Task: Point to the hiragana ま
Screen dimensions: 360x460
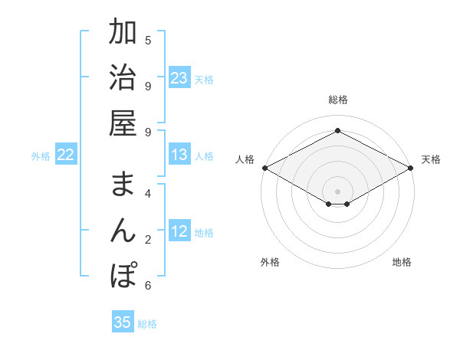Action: [123, 184]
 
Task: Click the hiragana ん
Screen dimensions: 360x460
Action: [123, 229]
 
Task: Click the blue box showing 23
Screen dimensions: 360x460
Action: [179, 78]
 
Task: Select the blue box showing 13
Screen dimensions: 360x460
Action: [179, 155]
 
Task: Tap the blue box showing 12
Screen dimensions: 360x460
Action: [179, 232]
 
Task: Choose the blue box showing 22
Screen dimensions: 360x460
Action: [65, 155]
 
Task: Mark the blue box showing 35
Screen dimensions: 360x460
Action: [123, 322]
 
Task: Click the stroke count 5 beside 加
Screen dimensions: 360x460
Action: [148, 40]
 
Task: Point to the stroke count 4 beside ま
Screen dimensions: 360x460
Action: [148, 193]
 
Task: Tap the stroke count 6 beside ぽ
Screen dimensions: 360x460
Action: [148, 286]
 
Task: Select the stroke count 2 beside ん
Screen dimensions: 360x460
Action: [148, 239]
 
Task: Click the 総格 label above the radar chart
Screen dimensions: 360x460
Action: [338, 100]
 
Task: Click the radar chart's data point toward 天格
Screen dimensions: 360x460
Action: [412, 168]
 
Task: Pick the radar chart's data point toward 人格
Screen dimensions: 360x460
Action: [264, 168]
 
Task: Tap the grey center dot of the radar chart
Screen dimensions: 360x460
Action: [338, 191]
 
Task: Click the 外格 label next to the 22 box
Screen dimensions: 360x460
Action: [41, 156]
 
